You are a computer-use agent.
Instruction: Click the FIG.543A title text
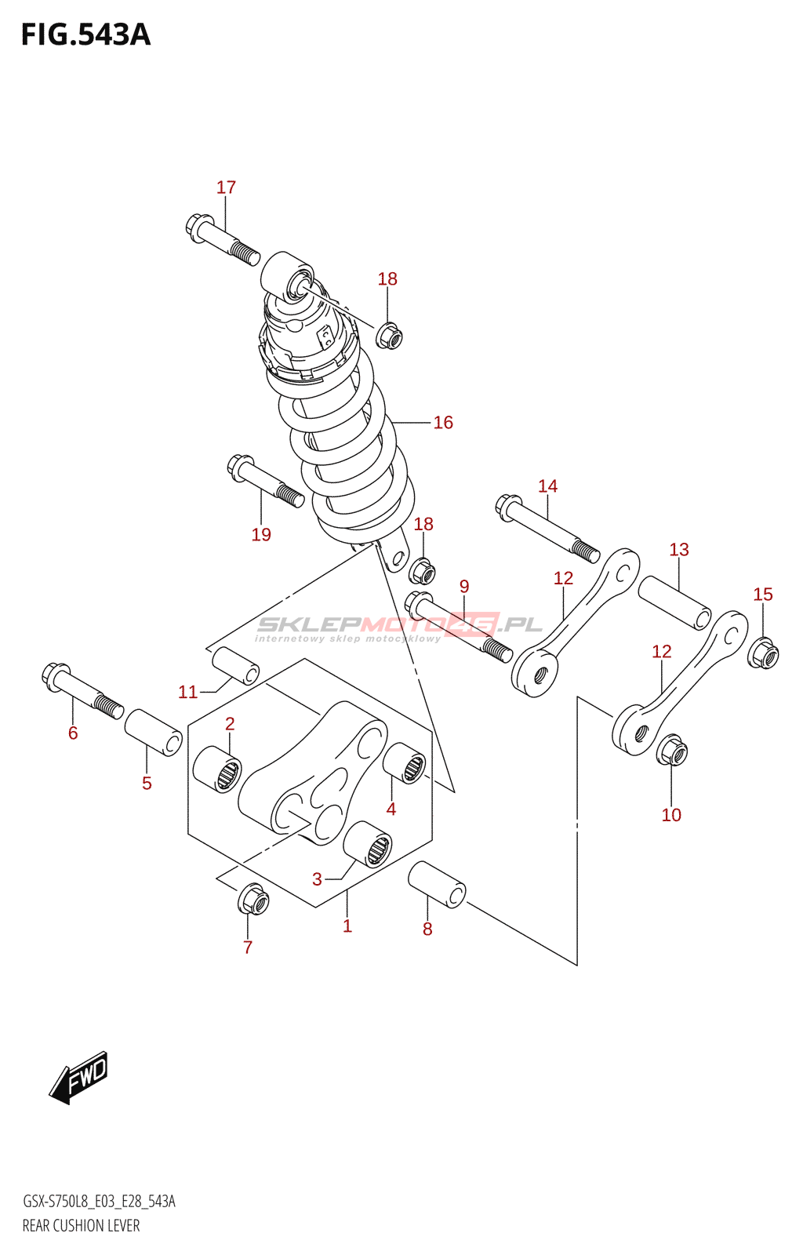click(85, 35)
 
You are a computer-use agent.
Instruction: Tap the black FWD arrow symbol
click(79, 1078)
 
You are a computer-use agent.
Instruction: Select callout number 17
click(226, 187)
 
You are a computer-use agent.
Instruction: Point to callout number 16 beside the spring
click(443, 423)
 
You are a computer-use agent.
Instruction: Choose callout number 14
click(547, 486)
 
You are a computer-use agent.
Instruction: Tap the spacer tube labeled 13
click(674, 602)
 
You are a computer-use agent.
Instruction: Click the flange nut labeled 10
click(672, 752)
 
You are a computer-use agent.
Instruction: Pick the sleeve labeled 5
click(154, 733)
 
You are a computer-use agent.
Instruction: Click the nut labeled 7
click(253, 900)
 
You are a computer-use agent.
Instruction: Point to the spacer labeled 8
click(437, 884)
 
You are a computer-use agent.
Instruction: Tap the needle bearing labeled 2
click(218, 769)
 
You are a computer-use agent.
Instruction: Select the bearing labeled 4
click(405, 762)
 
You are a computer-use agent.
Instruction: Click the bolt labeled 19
click(265, 481)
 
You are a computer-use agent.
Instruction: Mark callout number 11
click(187, 692)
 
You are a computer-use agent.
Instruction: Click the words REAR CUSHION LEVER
click(81, 1226)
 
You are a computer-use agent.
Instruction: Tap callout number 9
click(464, 587)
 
